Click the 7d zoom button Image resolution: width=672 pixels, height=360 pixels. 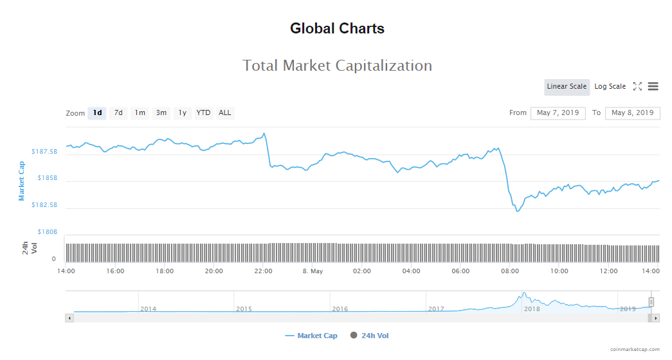(118, 113)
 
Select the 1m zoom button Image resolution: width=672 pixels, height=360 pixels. (140, 113)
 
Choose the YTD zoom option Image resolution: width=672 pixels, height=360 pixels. (203, 113)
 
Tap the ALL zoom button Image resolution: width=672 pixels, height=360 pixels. (224, 113)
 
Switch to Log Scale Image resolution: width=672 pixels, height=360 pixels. (610, 87)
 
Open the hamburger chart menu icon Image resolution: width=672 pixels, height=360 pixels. (653, 87)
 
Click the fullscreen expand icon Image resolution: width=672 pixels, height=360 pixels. (637, 87)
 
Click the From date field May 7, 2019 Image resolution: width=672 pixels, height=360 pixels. (558, 113)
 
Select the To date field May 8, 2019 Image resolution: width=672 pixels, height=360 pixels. (633, 113)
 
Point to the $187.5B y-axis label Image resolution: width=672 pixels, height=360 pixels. (44, 152)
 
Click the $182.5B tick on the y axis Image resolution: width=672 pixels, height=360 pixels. (44, 205)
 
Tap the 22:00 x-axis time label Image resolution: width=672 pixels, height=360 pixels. (263, 271)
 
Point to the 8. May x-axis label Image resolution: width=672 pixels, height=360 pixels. (313, 271)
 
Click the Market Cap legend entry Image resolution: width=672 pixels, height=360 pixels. (311, 336)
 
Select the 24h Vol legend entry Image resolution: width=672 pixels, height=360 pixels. (370, 336)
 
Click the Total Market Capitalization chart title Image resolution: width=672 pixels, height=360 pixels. (337, 66)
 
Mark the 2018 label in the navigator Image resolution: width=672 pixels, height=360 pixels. (532, 309)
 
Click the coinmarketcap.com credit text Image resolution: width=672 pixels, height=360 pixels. (635, 350)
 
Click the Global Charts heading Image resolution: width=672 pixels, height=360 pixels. (337, 28)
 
